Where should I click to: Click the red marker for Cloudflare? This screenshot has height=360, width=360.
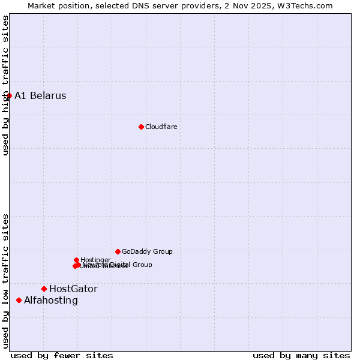(141, 127)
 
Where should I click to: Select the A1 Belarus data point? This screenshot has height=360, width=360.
(9, 95)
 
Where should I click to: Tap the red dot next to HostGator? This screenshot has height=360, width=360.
(44, 289)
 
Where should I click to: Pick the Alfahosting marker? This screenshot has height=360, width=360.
(19, 300)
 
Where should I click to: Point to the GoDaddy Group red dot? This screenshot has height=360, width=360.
(118, 251)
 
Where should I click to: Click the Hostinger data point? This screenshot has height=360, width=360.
(76, 260)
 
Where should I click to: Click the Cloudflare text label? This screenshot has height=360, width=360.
(161, 127)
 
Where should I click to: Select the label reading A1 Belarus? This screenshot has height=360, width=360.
(40, 95)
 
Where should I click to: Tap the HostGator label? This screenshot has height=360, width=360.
(73, 289)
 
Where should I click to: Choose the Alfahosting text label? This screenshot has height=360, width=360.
(51, 300)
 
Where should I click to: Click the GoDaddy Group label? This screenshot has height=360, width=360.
(147, 251)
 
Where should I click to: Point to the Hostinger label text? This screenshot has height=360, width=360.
(95, 260)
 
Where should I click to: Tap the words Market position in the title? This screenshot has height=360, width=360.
(58, 5)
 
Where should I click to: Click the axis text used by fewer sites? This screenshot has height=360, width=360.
(62, 355)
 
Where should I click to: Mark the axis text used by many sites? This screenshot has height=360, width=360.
(301, 355)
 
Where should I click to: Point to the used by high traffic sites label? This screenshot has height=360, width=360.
(5, 85)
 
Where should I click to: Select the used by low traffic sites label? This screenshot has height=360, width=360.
(5, 281)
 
